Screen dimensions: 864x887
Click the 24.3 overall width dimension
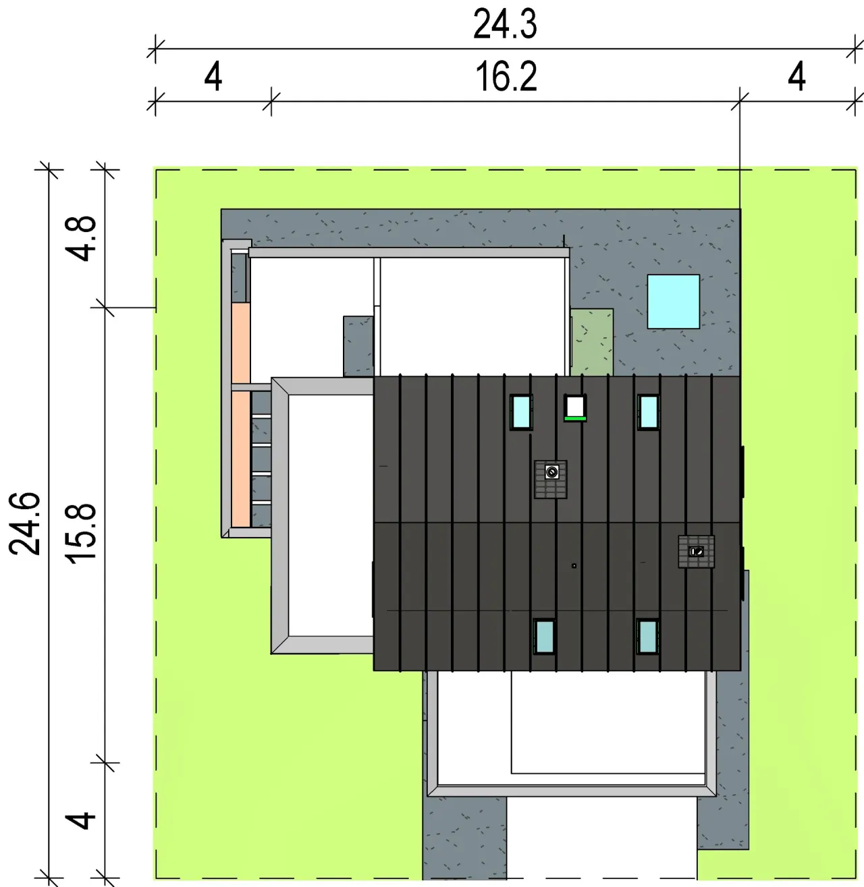point(504,24)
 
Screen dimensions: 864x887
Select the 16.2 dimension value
point(506,77)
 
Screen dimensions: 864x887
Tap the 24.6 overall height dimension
point(24,523)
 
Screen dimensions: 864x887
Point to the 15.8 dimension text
point(81,534)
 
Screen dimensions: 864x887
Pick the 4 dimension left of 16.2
point(213,77)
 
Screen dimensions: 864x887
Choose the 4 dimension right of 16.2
point(796,77)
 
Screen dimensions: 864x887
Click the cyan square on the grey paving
point(674,302)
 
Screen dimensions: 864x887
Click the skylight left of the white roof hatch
point(521,412)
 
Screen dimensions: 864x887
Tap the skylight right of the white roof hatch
point(648,412)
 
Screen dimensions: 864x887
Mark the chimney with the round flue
point(551,479)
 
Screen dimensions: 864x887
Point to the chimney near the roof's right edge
point(696,552)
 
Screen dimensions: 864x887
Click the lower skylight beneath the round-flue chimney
point(544,636)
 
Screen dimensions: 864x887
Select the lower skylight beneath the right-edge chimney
point(648,636)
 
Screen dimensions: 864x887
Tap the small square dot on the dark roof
point(574,566)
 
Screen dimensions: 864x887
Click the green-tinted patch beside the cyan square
point(592,342)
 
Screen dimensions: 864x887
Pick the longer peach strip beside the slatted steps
point(241,459)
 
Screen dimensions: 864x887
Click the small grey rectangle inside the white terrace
point(358,347)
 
